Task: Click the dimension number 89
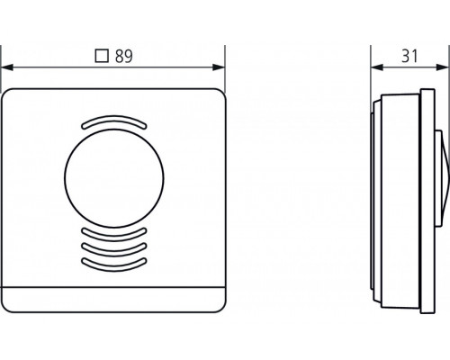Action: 124,56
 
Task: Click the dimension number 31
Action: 409,56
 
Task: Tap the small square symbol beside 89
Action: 102,56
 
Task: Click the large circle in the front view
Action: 114,178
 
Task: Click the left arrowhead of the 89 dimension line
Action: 7,67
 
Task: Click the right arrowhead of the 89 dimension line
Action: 219,67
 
